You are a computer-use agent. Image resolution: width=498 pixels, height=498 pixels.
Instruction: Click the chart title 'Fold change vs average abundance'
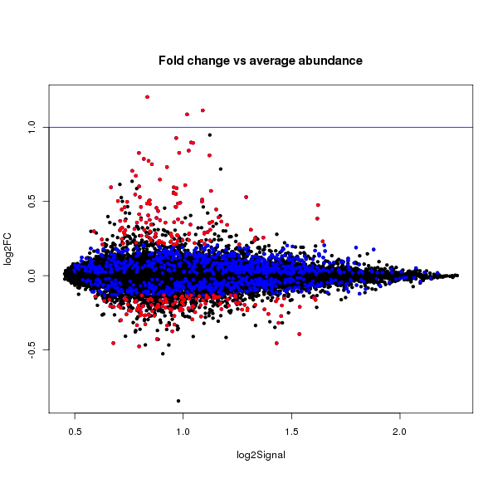click(x=261, y=61)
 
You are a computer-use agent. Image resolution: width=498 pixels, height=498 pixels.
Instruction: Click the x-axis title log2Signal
click(x=261, y=454)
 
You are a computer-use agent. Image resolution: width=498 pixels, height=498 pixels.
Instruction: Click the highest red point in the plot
click(x=147, y=97)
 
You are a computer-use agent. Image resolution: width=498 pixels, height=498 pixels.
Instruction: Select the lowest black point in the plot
click(x=178, y=401)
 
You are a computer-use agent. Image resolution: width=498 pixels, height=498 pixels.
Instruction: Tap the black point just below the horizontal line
click(x=210, y=134)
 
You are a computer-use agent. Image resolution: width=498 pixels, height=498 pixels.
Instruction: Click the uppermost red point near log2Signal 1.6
click(x=318, y=205)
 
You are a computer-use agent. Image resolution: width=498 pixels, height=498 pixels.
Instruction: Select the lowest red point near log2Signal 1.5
click(x=299, y=334)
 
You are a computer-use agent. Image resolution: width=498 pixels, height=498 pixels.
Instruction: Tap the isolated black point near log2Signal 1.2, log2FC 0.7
click(x=221, y=169)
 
